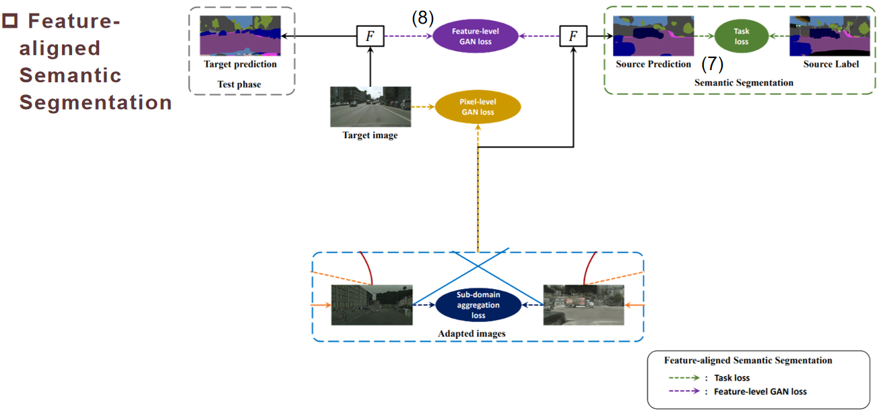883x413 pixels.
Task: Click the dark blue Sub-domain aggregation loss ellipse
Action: click(478, 305)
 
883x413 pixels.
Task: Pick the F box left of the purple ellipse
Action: click(370, 36)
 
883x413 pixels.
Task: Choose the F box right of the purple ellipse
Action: click(573, 36)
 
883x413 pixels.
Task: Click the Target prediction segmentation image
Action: click(240, 36)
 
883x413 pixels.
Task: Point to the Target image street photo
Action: click(370, 106)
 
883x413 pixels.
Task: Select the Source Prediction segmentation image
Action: click(653, 36)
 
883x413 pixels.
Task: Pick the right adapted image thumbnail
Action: click(584, 305)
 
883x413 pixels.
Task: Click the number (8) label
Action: click(423, 18)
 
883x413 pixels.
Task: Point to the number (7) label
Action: click(712, 65)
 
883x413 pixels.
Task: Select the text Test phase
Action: click(239, 84)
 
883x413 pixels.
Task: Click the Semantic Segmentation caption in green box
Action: click(744, 82)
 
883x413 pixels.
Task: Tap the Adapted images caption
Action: click(471, 333)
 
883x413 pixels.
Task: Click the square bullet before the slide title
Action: click(9, 22)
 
